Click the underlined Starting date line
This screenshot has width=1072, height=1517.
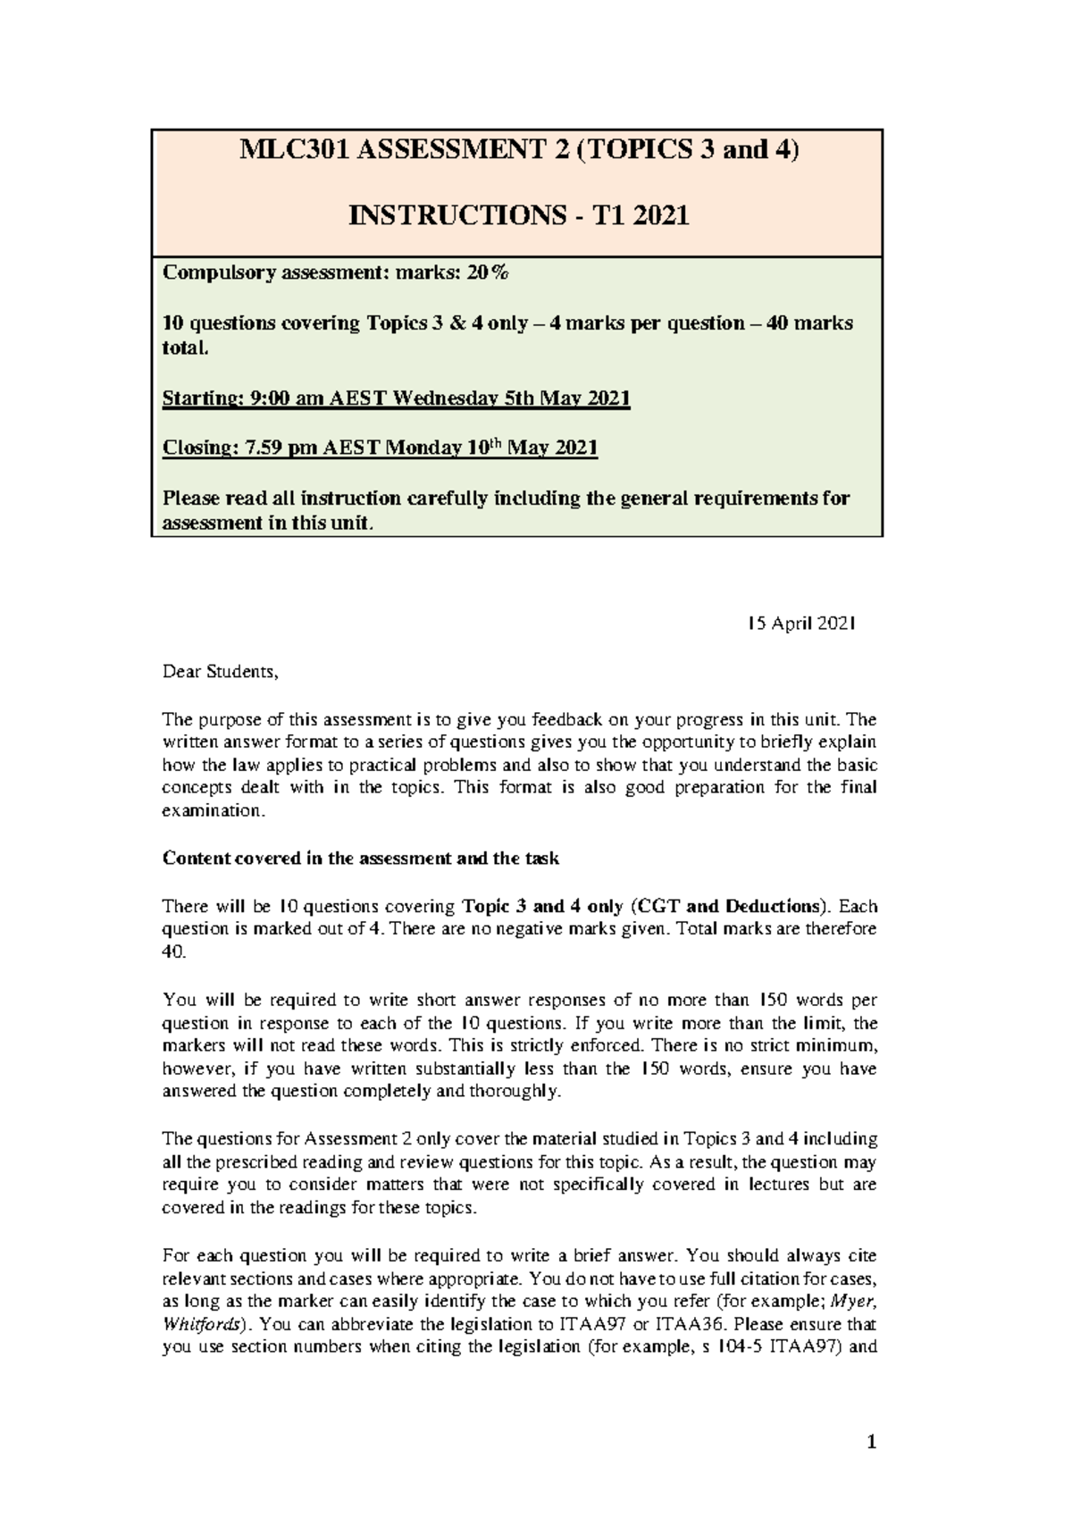pos(396,398)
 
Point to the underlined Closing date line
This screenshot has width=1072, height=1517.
pos(380,448)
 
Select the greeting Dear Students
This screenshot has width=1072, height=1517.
pos(220,671)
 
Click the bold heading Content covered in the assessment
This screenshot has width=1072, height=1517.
pos(360,859)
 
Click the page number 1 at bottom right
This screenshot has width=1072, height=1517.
pos(873,1442)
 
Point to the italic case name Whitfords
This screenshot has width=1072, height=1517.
pos(196,1324)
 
